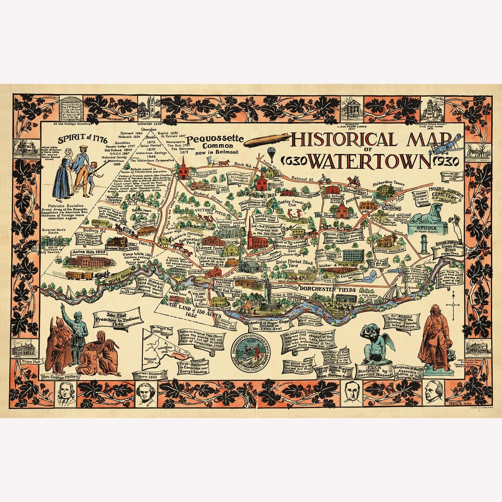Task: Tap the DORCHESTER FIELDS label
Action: [x=330, y=290]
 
